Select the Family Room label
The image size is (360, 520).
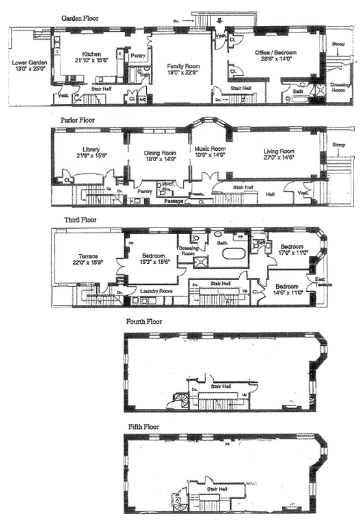(183, 66)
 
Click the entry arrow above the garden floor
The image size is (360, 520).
(218, 20)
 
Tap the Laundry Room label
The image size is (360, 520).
(158, 291)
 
